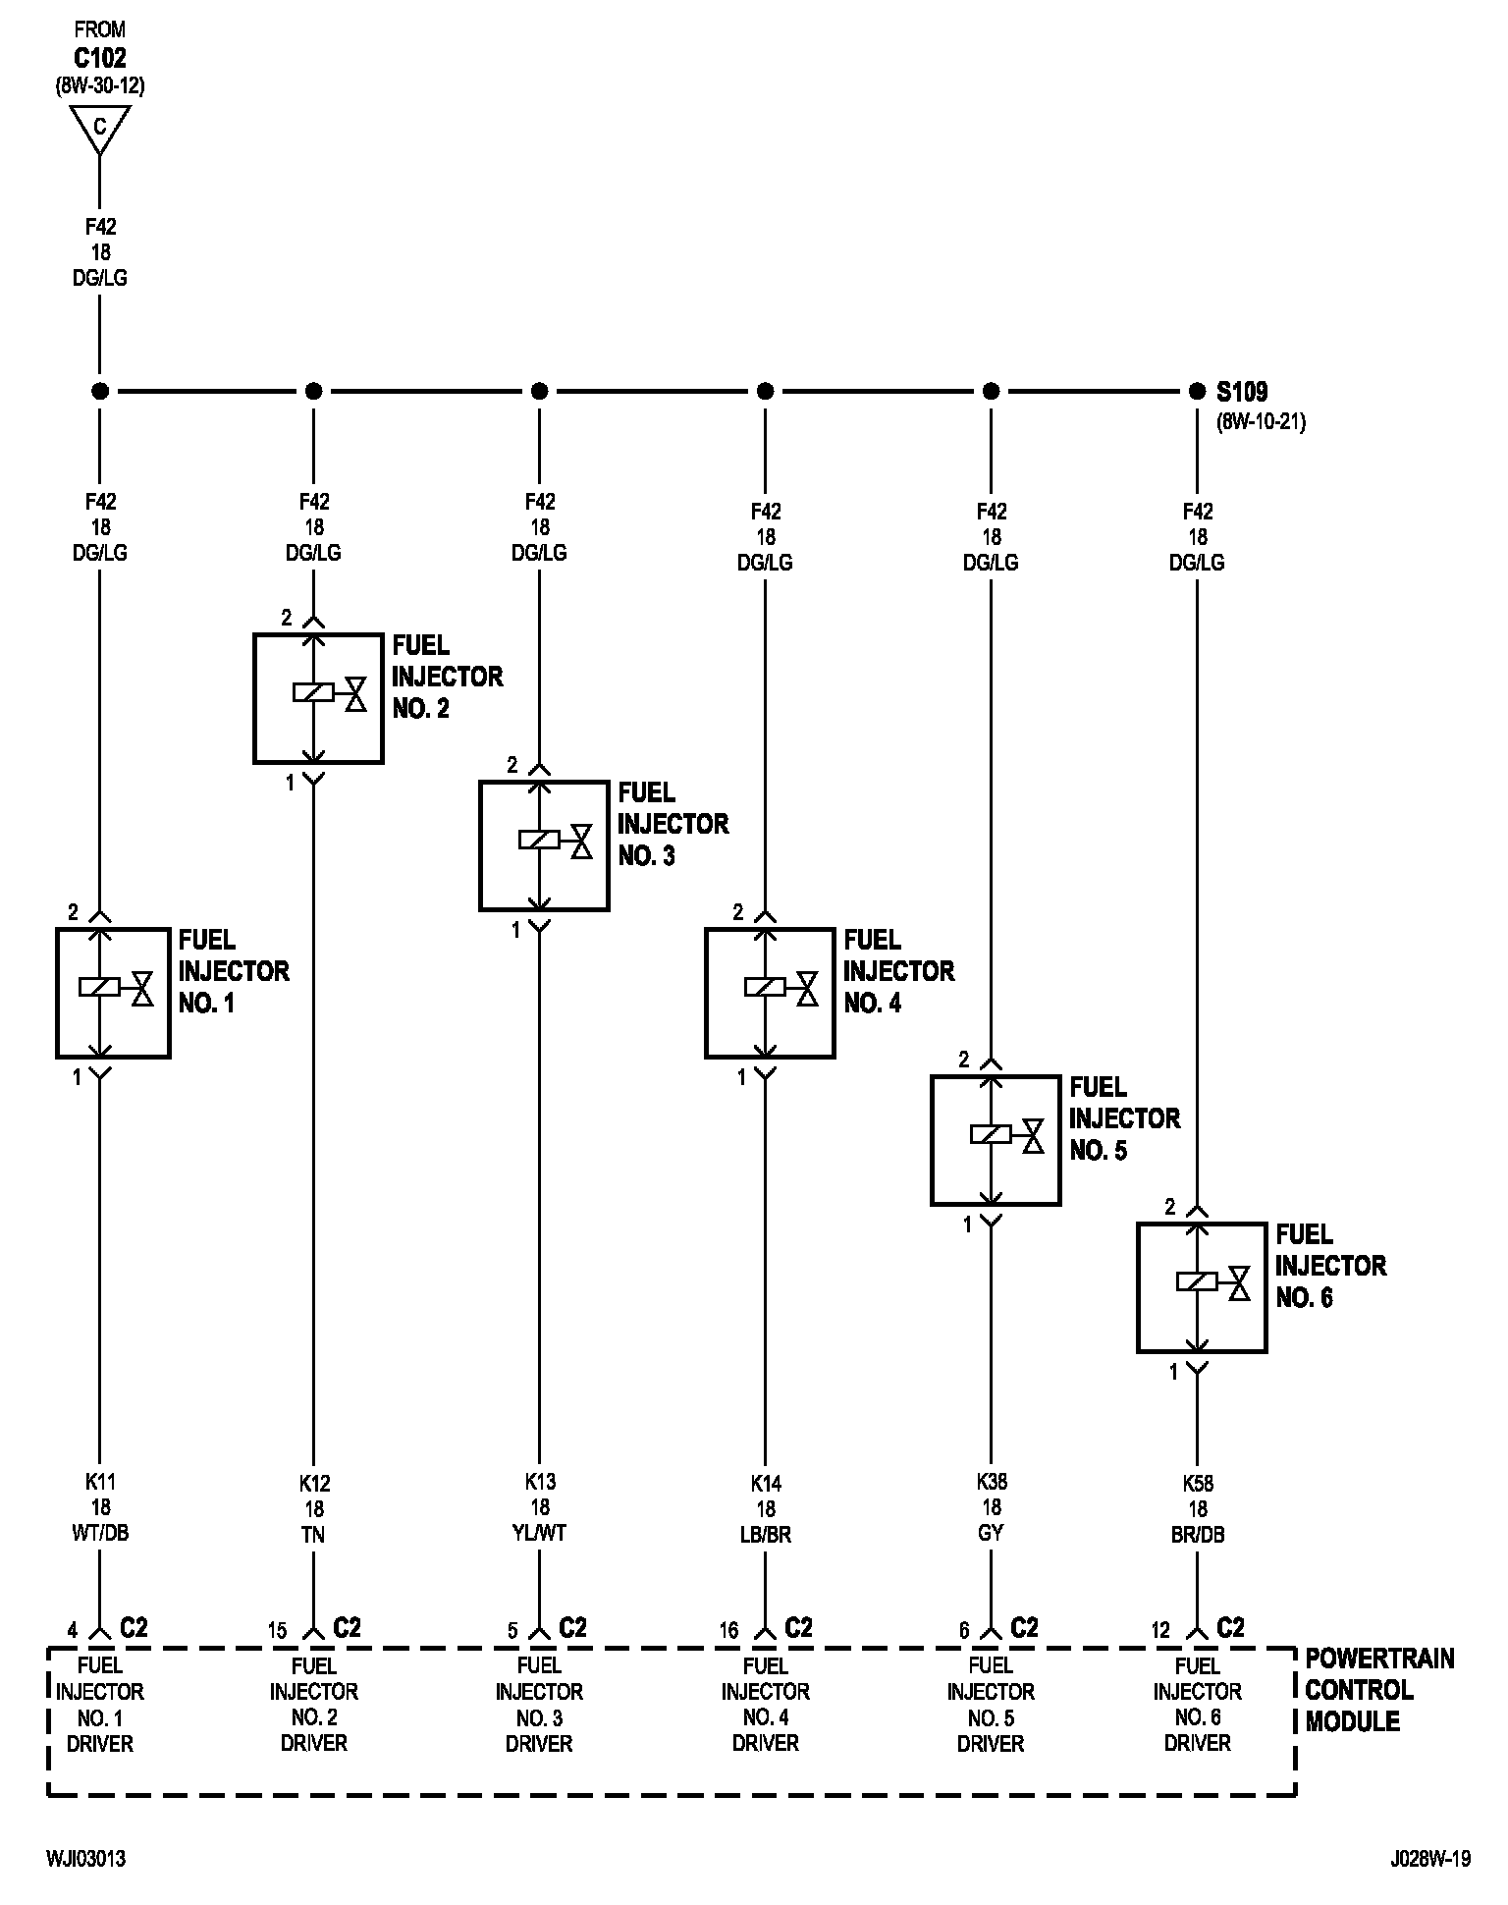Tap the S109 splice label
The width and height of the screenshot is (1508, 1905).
[1242, 392]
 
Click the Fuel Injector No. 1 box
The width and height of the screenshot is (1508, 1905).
[113, 993]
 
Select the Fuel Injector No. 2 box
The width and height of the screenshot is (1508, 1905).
[317, 698]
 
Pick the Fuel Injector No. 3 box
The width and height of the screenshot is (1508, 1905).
[543, 845]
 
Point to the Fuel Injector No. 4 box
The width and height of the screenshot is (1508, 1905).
[770, 993]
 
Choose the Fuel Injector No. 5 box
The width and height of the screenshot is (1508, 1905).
[996, 1140]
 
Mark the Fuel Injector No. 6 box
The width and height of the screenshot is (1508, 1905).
[1202, 1287]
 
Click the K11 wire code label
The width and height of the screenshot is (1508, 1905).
[100, 1482]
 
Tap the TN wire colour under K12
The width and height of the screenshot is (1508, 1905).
[314, 1535]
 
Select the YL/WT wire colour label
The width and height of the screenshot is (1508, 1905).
[539, 1533]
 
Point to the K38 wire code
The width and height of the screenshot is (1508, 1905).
[992, 1482]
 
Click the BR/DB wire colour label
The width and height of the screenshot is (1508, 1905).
[1197, 1535]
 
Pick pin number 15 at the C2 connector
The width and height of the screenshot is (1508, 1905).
[278, 1631]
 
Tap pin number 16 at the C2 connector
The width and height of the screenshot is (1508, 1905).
[728, 1631]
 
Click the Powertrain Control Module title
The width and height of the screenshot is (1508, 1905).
[1378, 1690]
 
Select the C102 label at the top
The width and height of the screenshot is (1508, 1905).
[99, 58]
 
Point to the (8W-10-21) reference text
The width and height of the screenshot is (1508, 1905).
[1261, 423]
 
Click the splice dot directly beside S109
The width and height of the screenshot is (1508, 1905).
[1196, 392]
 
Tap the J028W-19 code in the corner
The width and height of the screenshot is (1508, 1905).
[1430, 1859]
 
